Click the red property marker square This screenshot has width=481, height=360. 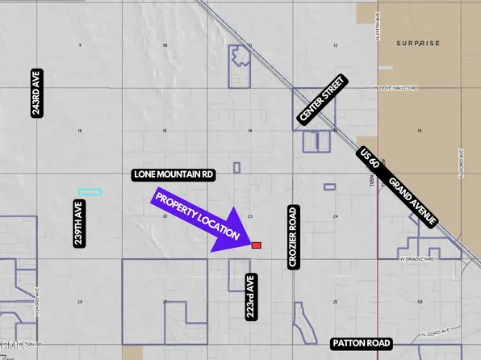[x=256, y=245]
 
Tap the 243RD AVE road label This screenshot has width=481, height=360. [x=36, y=97]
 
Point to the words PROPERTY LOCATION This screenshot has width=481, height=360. [x=198, y=218]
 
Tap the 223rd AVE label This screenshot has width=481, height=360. [x=251, y=298]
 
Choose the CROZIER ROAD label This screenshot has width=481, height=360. [x=293, y=237]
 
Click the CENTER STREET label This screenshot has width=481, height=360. [x=322, y=100]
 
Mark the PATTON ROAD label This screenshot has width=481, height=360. [x=361, y=344]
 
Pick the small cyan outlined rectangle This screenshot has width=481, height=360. [x=90, y=192]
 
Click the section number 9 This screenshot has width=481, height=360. [x=79, y=45]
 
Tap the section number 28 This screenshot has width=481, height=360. [x=79, y=302]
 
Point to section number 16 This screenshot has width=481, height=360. [x=79, y=131]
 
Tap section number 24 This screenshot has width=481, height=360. [x=334, y=216]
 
